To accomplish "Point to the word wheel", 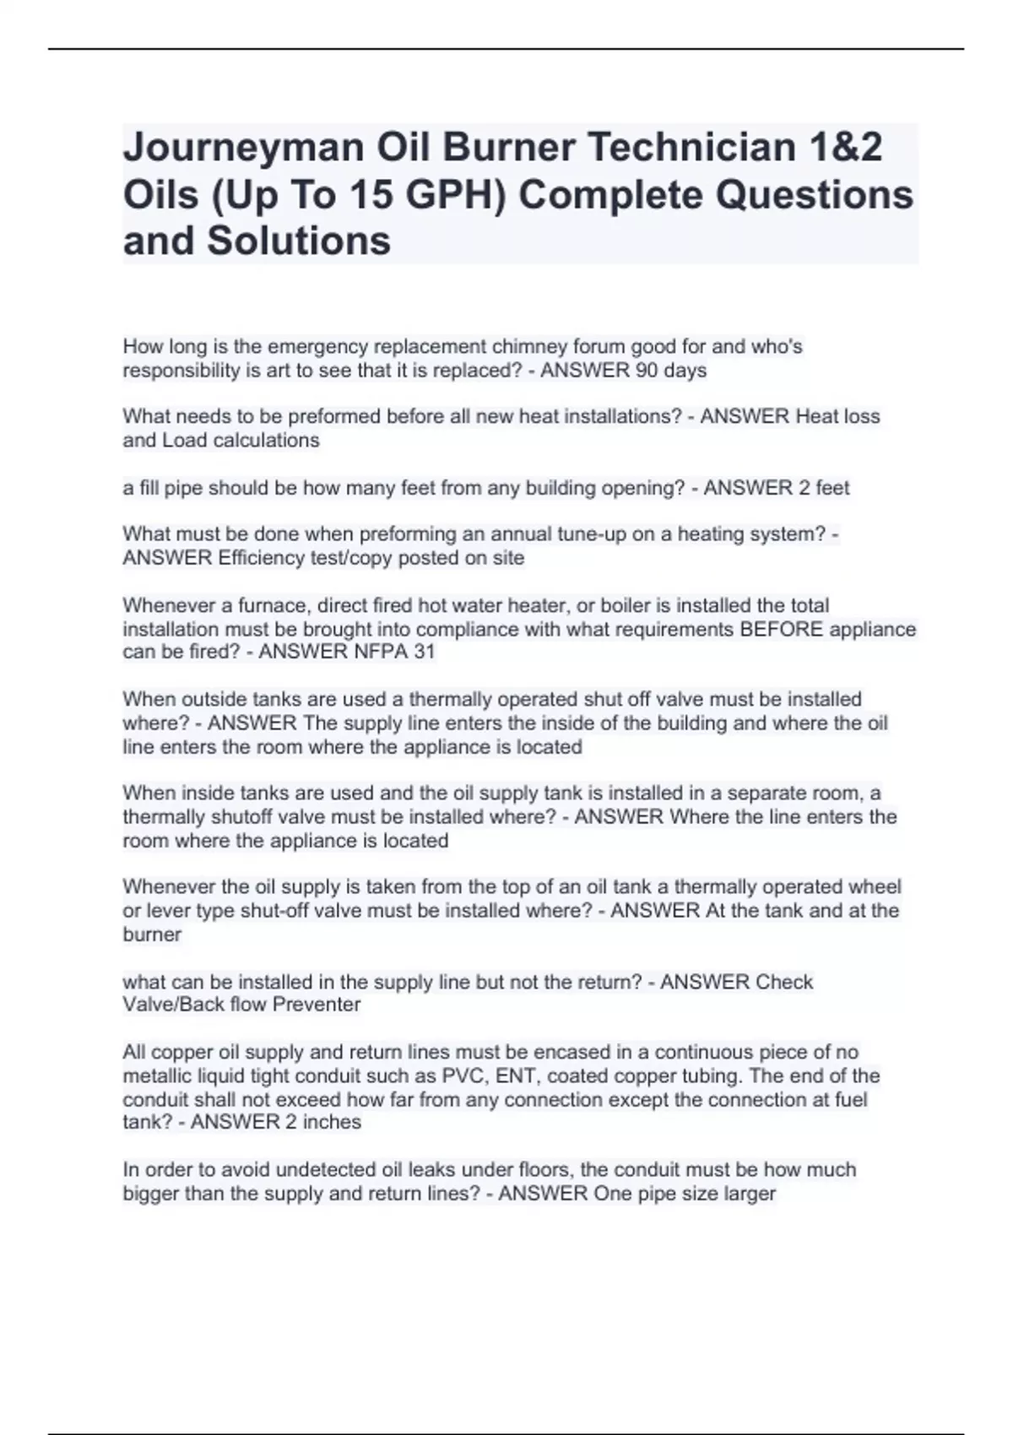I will pyautogui.click(x=875, y=887).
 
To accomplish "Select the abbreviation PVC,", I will pyautogui.click(x=466, y=1076).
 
